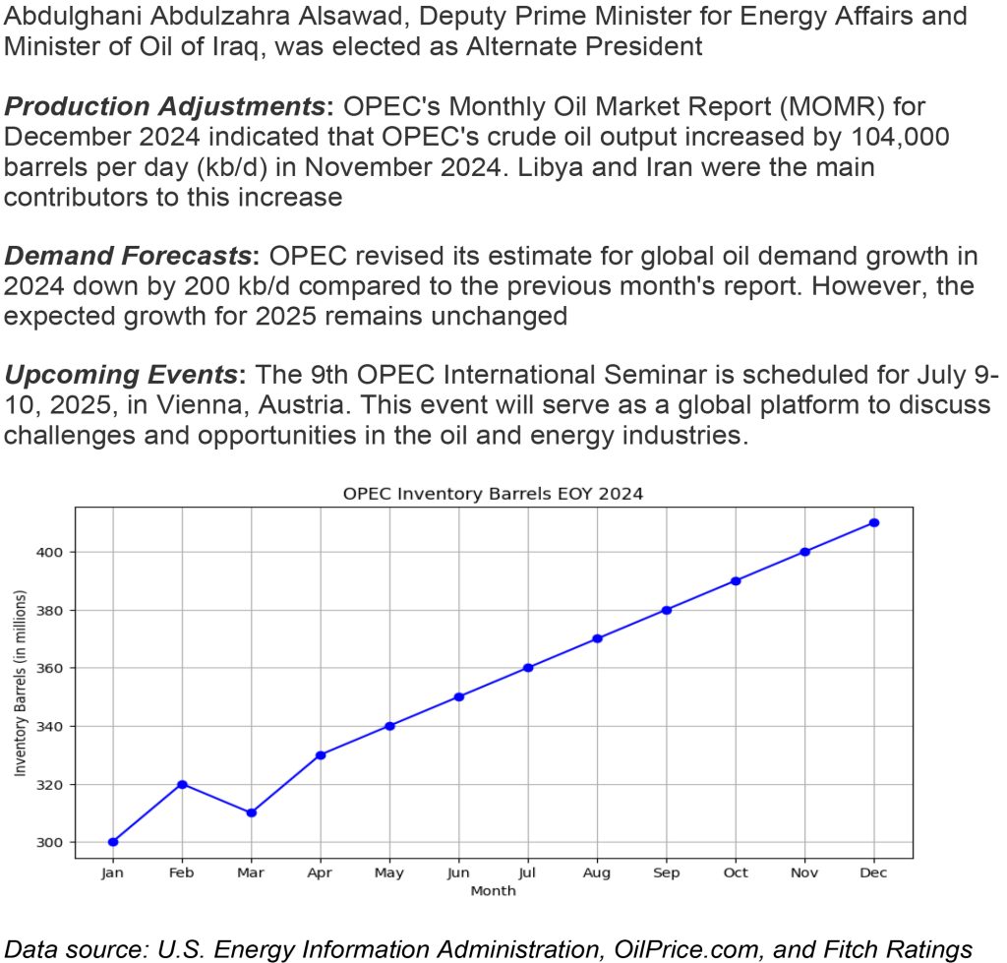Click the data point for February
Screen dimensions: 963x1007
[182, 784]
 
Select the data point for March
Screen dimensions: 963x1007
[251, 813]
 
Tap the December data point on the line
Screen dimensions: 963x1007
[873, 522]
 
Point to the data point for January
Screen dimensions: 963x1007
[113, 842]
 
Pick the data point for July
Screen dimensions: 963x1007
[528, 668]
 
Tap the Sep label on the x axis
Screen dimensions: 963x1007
[666, 873]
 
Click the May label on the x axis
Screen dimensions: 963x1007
[389, 873]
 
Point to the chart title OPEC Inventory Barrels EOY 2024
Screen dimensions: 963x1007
[493, 494]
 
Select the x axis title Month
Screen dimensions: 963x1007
[493, 891]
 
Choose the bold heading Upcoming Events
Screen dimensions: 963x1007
[123, 376]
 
